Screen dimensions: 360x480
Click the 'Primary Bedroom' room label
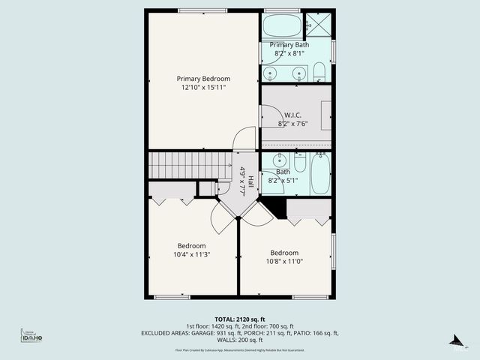pyautogui.click(x=203, y=79)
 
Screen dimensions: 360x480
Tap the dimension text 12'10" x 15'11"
pyautogui.click(x=203, y=88)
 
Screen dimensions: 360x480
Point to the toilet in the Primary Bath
pyautogui.click(x=319, y=73)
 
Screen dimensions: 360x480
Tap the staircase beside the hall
pyautogui.click(x=188, y=164)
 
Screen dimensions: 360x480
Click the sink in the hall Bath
pyautogui.click(x=280, y=160)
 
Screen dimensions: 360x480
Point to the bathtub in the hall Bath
pyautogui.click(x=320, y=173)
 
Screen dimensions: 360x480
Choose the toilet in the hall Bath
pyautogui.click(x=300, y=163)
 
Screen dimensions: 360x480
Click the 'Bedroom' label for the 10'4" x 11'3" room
pyautogui.click(x=191, y=246)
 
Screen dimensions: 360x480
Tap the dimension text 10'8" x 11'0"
pyautogui.click(x=284, y=262)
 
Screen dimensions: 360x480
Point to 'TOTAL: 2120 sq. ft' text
pyautogui.click(x=239, y=319)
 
